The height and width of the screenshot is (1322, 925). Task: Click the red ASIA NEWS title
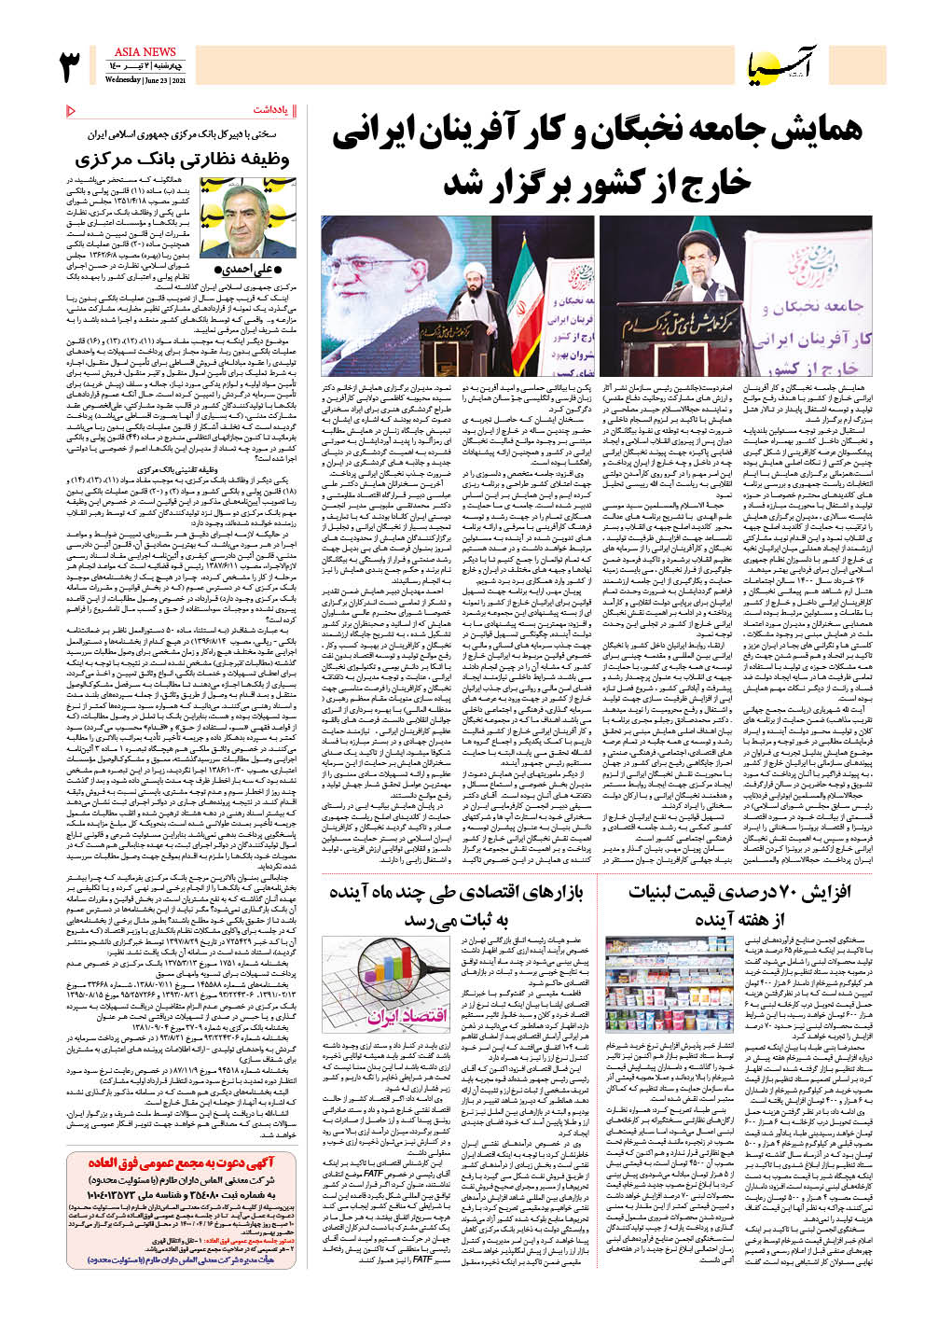(x=145, y=52)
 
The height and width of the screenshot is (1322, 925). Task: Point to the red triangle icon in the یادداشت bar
(x=72, y=111)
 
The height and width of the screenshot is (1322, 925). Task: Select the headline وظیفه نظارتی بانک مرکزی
(x=182, y=159)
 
